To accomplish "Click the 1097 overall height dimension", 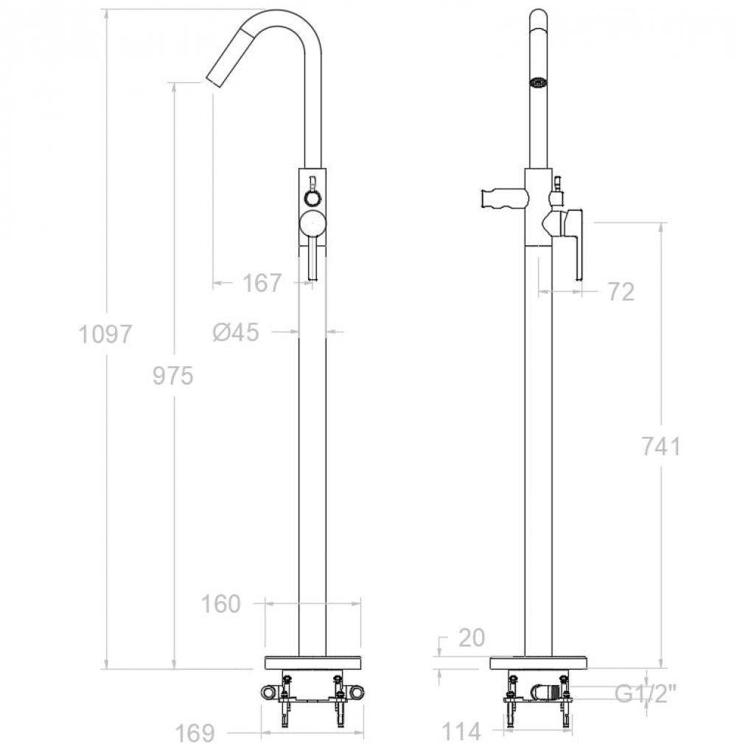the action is point(105,334).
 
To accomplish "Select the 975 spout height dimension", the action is point(172,376).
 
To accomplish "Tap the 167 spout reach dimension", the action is point(262,283).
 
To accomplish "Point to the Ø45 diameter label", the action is point(236,332).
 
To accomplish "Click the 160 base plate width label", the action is point(220,604).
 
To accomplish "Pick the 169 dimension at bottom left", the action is point(195,733).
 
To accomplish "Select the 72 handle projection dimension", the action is point(621,292).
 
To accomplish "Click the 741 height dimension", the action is point(661,446).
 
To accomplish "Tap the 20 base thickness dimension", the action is point(471,637).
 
